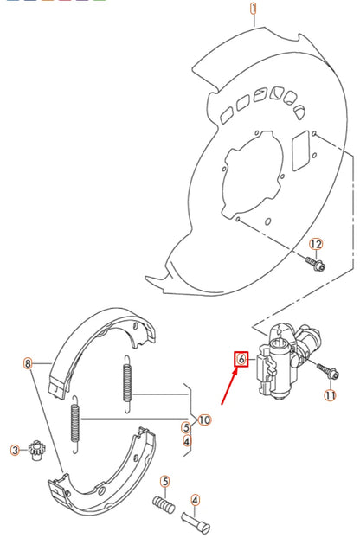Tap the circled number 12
pos(316,245)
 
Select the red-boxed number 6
pos(241,358)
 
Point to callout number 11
pos(329,395)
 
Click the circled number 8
pos(28,364)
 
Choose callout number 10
pos(204,420)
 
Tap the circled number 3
pos(15,450)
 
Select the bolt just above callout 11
pos(328,371)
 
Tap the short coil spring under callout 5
pos(163,503)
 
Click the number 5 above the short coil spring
pos(164,480)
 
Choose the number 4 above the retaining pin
pos(196,499)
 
